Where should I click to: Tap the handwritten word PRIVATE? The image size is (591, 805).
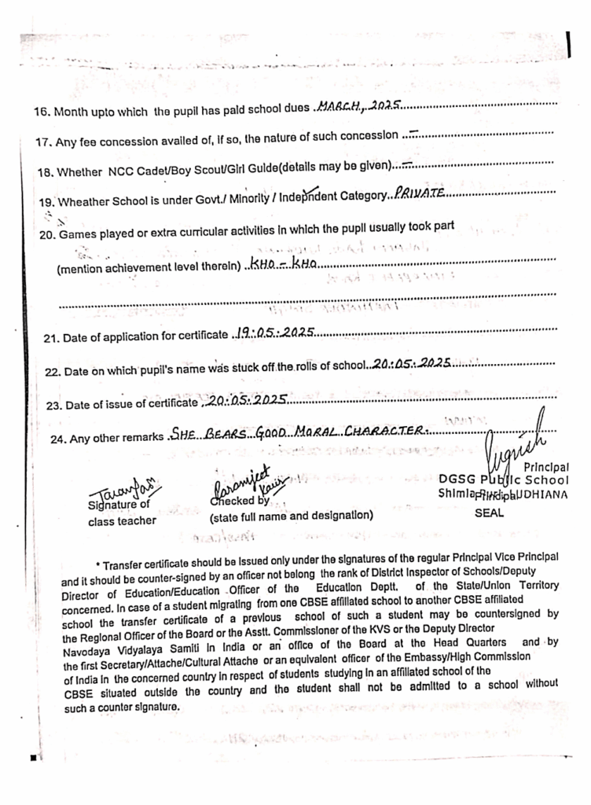[x=420, y=192]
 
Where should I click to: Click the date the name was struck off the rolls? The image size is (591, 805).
[x=412, y=363]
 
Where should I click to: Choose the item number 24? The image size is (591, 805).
[x=57, y=439]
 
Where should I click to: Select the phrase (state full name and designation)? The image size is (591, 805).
[x=291, y=516]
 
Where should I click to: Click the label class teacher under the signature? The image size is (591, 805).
[x=122, y=520]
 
